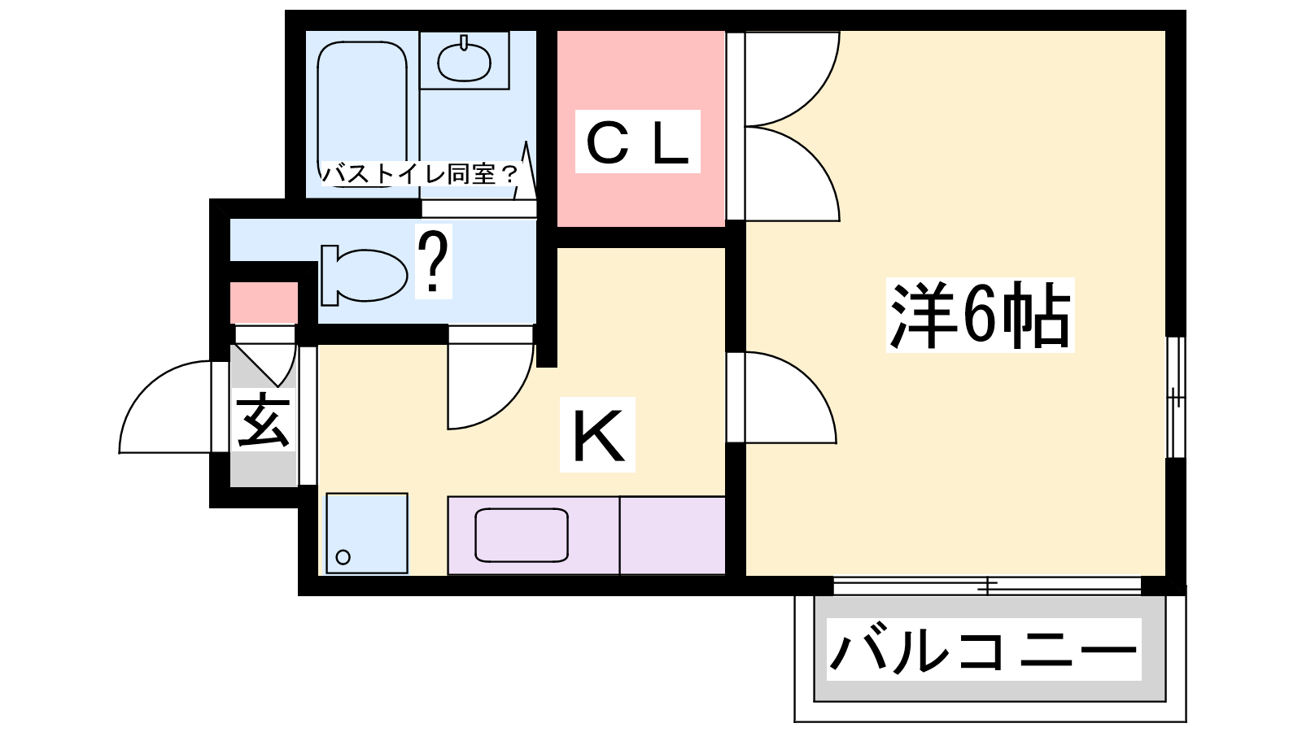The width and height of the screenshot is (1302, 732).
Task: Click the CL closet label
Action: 637,142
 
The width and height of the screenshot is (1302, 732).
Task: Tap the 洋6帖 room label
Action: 980,315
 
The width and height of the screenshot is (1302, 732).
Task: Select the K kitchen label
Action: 597,435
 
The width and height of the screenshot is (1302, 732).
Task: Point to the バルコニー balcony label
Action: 983,649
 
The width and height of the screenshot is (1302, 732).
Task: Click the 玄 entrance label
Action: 263,420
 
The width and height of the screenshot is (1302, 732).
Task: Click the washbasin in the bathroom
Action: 464,61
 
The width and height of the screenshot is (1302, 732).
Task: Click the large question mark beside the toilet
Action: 434,263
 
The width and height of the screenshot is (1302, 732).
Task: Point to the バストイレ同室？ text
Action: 419,173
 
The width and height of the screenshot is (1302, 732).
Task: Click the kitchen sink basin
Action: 521,534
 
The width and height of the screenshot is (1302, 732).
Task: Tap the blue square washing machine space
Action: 366,533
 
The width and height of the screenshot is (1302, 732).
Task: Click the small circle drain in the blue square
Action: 343,557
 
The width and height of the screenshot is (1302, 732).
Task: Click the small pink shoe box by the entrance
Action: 263,303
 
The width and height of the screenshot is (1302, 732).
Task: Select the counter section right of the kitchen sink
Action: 672,534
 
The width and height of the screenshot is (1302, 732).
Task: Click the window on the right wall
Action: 1175,397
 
